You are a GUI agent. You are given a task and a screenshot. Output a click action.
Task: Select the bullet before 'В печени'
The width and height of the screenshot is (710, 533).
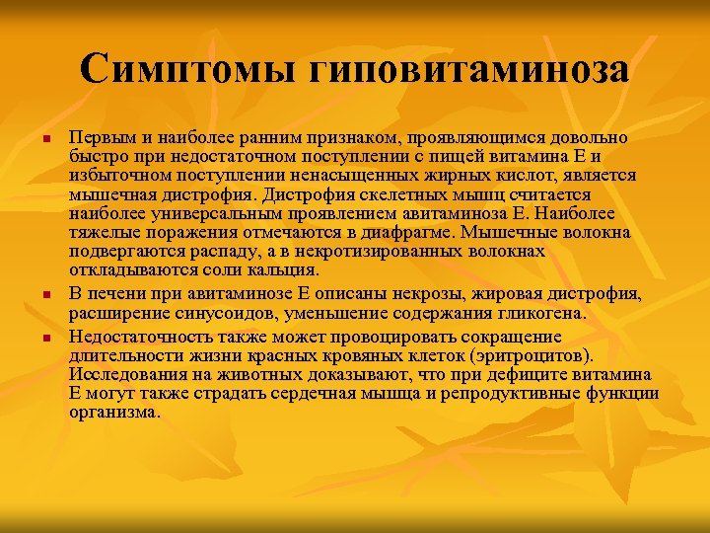tap(46, 295)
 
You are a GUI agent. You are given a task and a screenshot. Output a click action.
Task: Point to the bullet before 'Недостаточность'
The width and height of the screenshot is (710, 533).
tap(46, 337)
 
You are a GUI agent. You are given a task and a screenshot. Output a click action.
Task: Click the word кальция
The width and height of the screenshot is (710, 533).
tap(286, 270)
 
